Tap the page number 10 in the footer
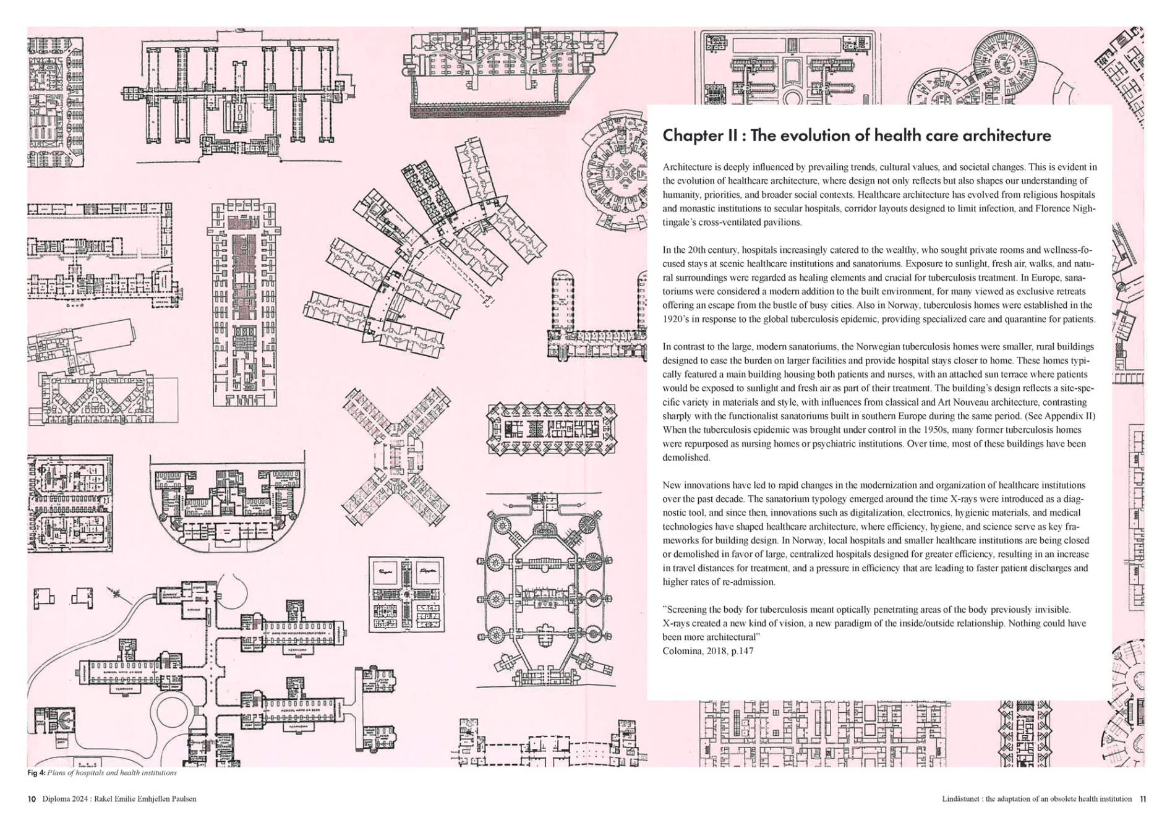(32, 799)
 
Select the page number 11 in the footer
(1143, 799)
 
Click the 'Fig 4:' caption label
(36, 773)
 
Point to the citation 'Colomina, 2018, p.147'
(707, 651)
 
